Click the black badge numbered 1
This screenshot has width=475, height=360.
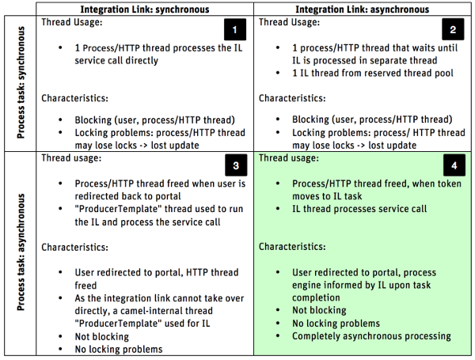[235, 30]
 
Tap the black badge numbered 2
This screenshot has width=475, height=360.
[453, 30]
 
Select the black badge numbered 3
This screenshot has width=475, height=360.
[235, 165]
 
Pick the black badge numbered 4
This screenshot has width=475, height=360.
[453, 165]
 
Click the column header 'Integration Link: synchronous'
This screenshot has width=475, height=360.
[147, 8]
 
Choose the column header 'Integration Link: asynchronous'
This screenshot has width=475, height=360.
[363, 8]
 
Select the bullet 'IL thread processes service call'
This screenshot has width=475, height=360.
[348, 209]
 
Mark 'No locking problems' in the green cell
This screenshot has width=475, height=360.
[336, 323]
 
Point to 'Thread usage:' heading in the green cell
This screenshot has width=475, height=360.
[292, 158]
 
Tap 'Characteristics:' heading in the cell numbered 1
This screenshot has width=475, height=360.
[75, 98]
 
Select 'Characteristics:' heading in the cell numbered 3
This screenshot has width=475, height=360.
[75, 247]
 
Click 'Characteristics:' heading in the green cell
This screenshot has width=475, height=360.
[293, 247]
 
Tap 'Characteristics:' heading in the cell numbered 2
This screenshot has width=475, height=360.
[293, 98]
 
